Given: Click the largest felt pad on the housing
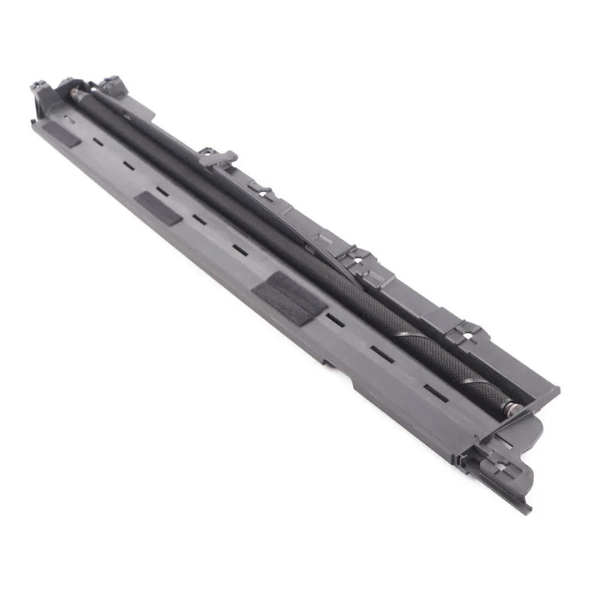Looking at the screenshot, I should (x=290, y=298).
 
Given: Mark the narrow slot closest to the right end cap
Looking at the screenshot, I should (x=435, y=393).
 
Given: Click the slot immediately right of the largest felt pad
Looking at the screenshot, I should (x=335, y=320).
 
